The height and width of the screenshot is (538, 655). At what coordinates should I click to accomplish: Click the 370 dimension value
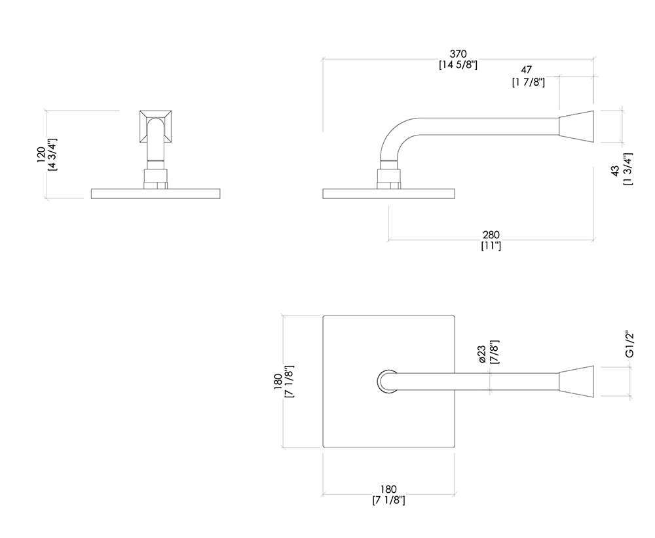pos(458,54)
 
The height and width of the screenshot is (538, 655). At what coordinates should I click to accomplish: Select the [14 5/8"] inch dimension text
pos(458,65)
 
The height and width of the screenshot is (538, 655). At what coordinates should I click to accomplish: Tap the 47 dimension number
pos(526,69)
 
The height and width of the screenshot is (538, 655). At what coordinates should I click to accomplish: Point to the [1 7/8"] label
pos(529,82)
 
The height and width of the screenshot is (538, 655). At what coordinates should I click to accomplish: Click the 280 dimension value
pos(491,235)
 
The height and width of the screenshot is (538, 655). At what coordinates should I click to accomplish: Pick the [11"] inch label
pos(491,246)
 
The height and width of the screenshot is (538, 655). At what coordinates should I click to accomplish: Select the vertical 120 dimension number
pos(41,154)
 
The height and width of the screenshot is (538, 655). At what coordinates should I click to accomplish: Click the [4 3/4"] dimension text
pos(53,154)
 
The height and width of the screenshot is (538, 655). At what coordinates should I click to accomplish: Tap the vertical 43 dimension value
pos(615,171)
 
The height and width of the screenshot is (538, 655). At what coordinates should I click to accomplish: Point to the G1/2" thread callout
pos(629,344)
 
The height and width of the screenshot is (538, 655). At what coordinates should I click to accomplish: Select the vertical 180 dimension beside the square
pos(278,382)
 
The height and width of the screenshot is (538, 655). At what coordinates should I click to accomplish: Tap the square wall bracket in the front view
pos(155,126)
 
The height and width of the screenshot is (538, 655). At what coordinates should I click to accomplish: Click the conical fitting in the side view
pos(576,126)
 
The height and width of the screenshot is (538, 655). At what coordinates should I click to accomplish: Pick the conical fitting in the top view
pos(576,382)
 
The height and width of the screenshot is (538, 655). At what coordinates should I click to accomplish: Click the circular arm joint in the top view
pos(387,382)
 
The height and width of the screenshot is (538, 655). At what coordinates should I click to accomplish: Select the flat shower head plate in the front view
pos(155,194)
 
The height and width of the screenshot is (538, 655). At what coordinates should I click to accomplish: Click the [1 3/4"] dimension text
pos(628,169)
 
